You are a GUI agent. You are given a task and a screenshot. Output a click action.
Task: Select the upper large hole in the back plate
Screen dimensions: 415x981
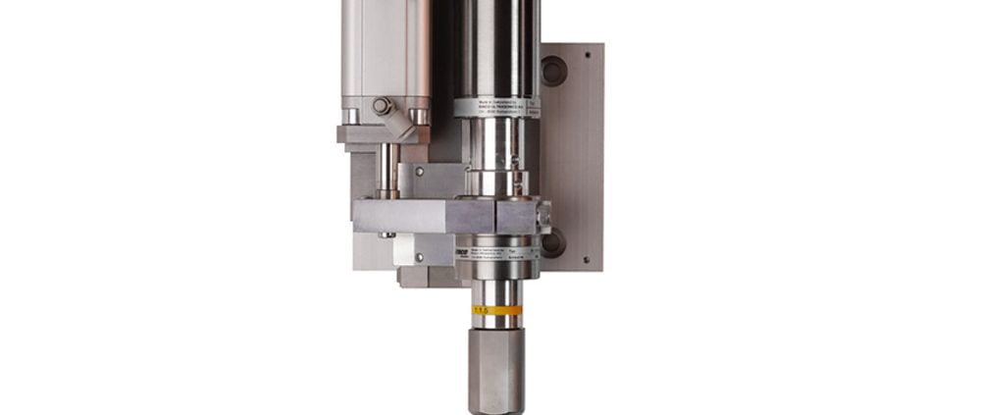(554, 71)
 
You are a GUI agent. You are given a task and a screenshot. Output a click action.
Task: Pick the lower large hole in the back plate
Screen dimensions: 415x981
(553, 241)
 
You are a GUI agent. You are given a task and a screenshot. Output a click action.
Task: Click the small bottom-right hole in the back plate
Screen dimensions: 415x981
(587, 260)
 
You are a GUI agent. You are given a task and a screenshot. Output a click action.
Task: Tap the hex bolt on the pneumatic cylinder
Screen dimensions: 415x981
(381, 106)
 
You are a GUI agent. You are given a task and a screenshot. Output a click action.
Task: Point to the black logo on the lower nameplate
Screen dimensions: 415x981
(461, 251)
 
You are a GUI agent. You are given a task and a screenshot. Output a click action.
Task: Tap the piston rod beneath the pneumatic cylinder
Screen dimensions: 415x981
(389, 172)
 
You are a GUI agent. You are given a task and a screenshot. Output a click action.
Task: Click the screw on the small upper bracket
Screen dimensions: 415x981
(420, 172)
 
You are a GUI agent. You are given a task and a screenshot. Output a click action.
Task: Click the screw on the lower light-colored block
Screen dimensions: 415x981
(420, 257)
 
